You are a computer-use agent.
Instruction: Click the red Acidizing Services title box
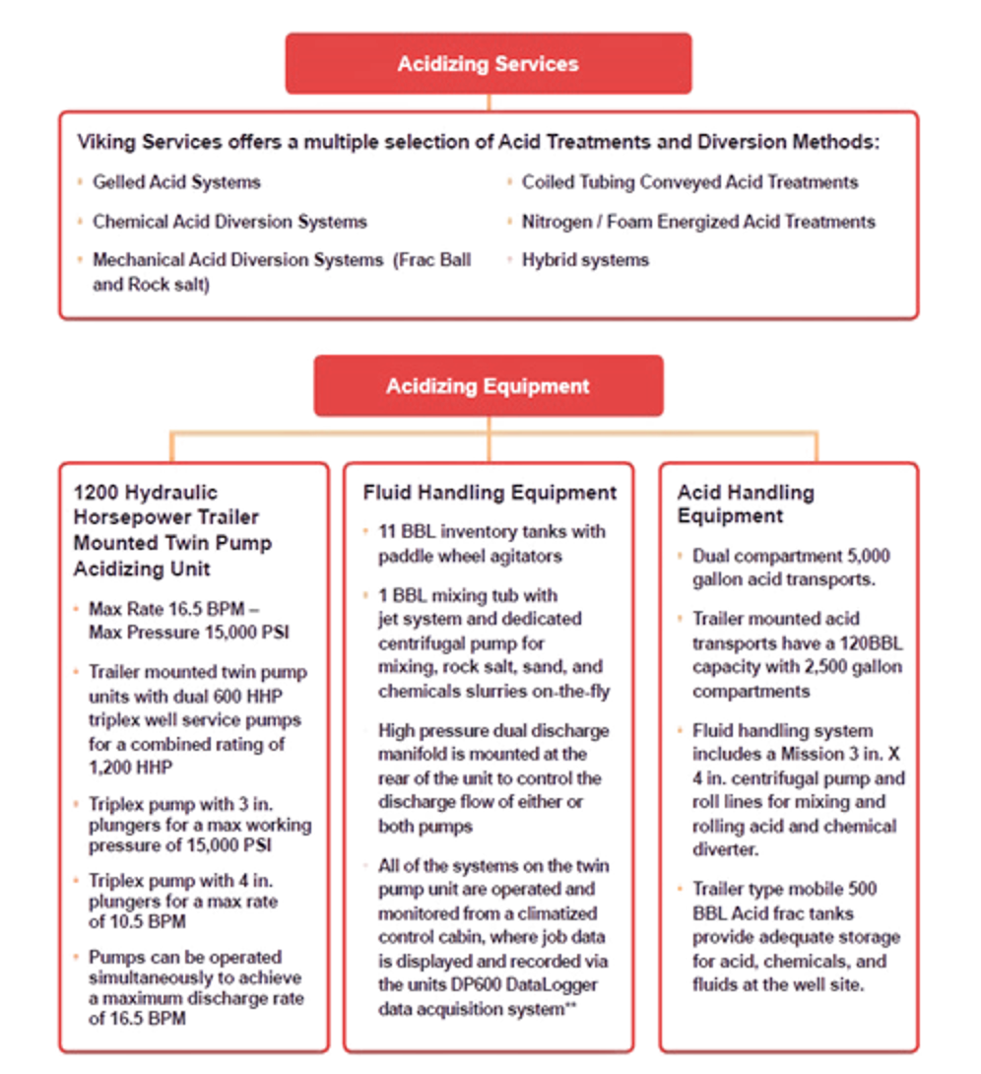click(489, 64)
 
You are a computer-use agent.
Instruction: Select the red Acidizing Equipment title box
click(489, 385)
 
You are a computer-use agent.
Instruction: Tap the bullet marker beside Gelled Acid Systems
click(79, 182)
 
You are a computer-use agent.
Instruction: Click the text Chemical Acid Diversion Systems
click(229, 222)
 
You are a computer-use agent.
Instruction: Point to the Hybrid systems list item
click(584, 261)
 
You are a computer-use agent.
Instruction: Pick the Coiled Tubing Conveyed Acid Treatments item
click(689, 182)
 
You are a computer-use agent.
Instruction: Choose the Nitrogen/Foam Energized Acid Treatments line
click(697, 222)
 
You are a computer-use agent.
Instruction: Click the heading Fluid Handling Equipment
click(489, 493)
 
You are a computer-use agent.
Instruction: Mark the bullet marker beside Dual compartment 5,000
click(681, 557)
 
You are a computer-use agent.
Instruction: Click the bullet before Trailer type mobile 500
click(681, 890)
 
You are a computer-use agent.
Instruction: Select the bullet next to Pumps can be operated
click(75, 957)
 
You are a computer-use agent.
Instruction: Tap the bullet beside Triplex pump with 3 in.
click(75, 801)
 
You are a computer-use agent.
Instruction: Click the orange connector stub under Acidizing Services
click(489, 102)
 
